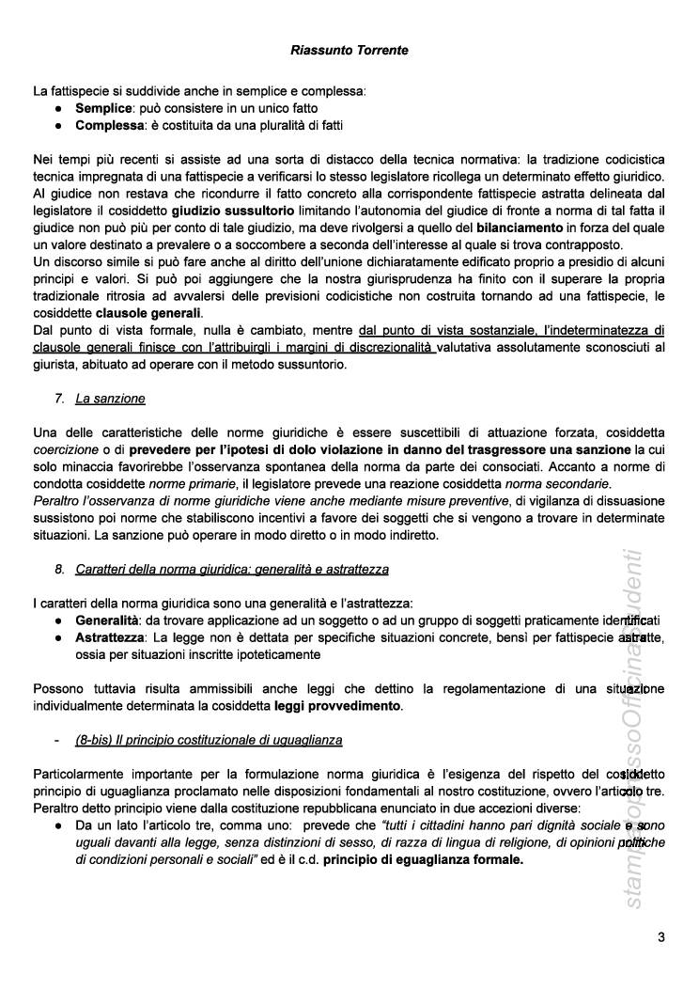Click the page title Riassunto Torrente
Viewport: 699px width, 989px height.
pos(349,50)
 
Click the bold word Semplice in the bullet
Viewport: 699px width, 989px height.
pos(104,109)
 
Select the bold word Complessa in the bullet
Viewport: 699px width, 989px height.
pos(110,125)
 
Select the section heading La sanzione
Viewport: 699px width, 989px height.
pos(110,399)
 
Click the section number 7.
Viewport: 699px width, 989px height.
pos(59,399)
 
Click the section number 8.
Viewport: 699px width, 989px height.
pos(59,569)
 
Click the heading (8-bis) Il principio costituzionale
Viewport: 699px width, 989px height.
pos(209,740)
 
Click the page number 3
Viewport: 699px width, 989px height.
pos(660,936)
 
